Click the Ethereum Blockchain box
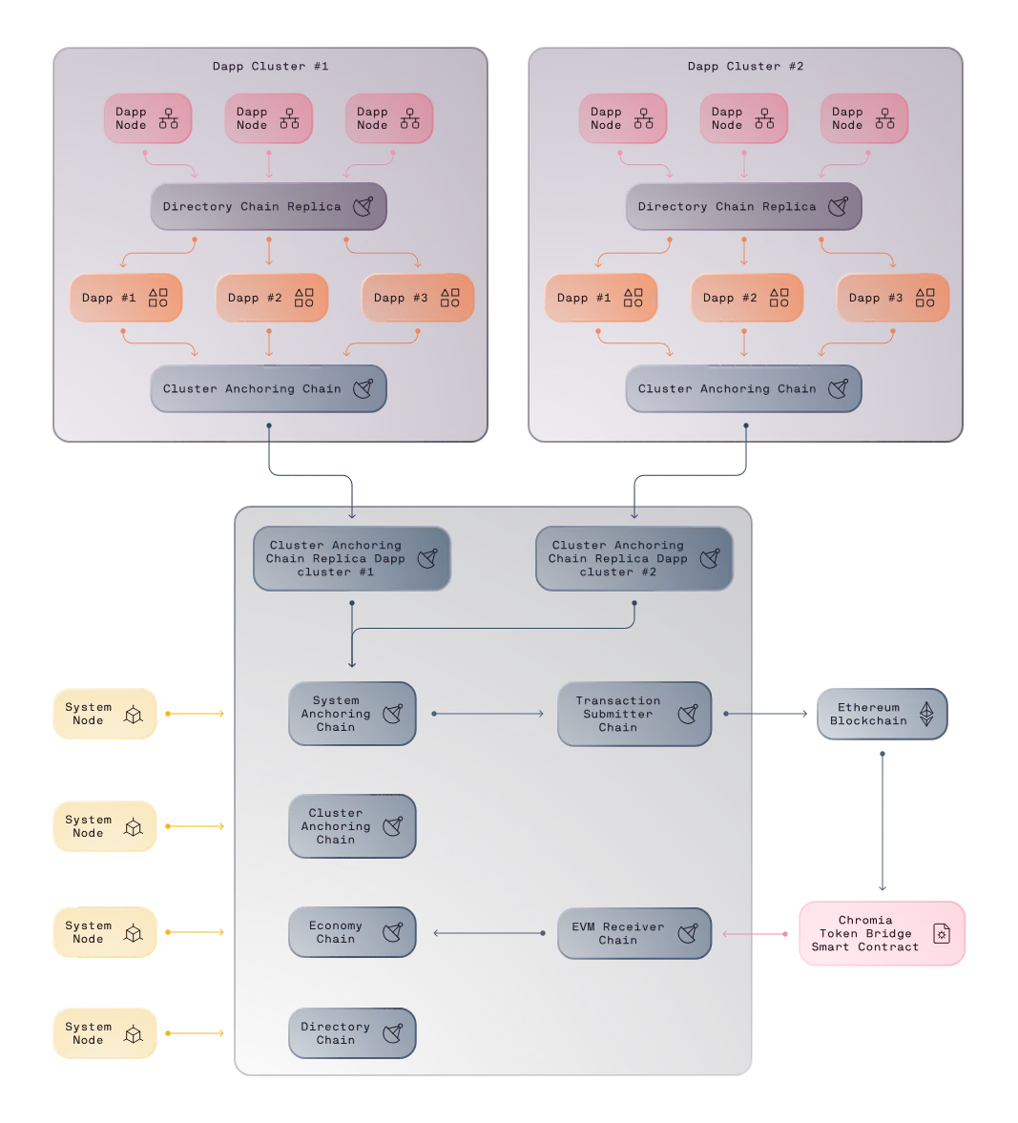coord(882,714)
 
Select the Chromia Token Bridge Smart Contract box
coord(882,933)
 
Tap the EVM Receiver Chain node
coord(634,933)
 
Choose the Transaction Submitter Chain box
coord(634,714)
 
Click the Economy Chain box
coord(352,932)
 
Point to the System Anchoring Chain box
coord(352,714)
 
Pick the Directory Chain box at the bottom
coord(352,1033)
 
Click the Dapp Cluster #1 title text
coord(271,66)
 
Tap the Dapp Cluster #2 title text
coord(746,66)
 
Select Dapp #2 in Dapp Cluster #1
coord(272,298)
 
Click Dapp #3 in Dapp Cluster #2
coord(893,298)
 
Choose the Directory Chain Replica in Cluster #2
coord(743,207)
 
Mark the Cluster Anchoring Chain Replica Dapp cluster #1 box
coord(352,558)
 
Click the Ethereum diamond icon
coord(926,714)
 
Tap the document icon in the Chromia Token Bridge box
coord(942,933)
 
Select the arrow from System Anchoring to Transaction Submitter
coord(488,714)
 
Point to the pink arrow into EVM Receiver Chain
coord(755,934)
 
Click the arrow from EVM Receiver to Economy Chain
coord(489,933)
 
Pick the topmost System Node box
coord(105,714)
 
